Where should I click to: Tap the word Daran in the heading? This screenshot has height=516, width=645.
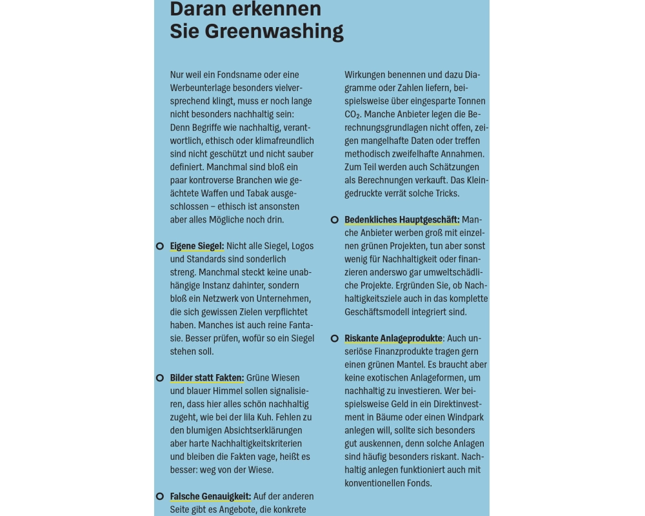click(200, 9)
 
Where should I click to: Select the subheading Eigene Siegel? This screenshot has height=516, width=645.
click(197, 246)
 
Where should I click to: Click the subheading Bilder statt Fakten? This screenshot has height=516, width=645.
click(206, 377)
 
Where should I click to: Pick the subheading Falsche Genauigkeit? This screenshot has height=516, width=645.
click(210, 496)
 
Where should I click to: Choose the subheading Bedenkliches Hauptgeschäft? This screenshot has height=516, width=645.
click(402, 220)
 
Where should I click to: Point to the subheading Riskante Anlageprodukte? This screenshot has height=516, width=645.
click(393, 338)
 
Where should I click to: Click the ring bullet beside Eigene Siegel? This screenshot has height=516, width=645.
click(159, 246)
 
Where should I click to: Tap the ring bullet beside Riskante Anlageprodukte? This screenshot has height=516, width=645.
click(334, 338)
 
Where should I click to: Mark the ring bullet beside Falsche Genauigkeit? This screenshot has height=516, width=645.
click(159, 496)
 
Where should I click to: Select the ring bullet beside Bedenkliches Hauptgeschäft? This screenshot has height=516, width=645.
click(334, 220)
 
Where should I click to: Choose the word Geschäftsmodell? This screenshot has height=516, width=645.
click(381, 312)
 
